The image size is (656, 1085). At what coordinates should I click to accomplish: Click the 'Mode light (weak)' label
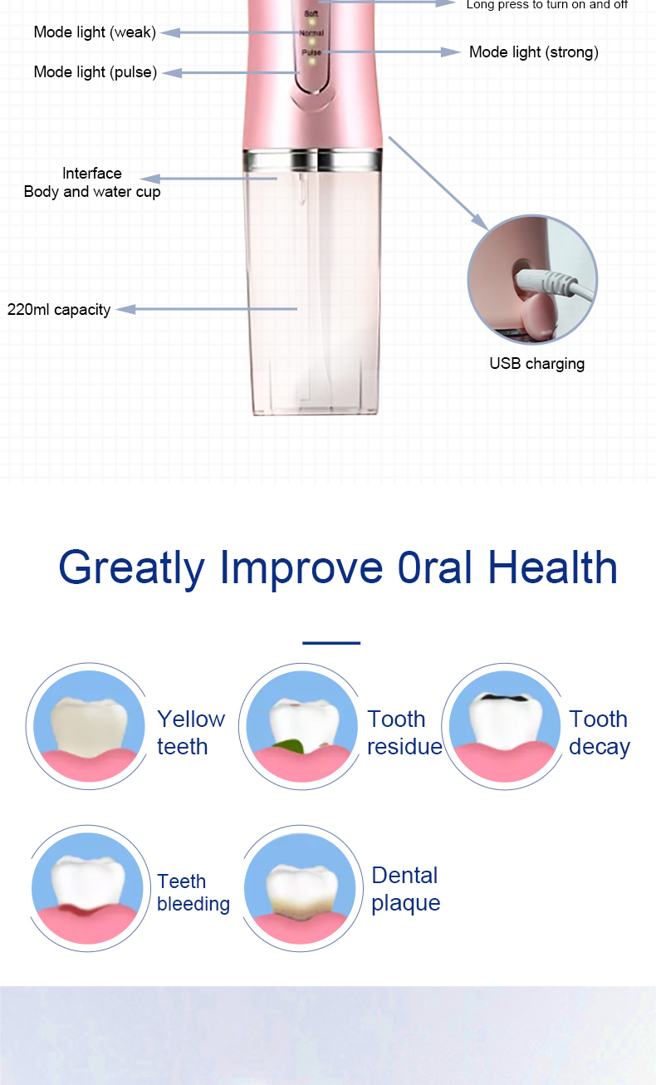tap(95, 32)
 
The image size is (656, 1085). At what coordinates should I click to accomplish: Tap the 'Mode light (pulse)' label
tap(95, 72)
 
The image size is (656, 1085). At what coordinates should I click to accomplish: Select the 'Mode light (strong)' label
tap(533, 52)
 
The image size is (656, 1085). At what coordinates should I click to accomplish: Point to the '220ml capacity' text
tap(59, 310)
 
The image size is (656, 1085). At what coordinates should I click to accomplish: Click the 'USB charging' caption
tap(536, 363)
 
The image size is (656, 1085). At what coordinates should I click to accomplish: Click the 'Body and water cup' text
tap(92, 192)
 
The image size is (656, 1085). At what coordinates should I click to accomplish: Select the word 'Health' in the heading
tap(552, 567)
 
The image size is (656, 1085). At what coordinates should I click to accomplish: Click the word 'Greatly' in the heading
tap(131, 569)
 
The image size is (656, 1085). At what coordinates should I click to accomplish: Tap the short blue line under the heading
tap(331, 642)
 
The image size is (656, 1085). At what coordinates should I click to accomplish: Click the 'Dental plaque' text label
tap(405, 889)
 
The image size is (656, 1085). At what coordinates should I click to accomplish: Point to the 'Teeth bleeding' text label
tap(193, 892)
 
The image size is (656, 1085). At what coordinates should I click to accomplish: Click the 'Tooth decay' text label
tap(599, 733)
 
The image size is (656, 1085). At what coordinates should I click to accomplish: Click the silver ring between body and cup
tap(312, 158)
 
